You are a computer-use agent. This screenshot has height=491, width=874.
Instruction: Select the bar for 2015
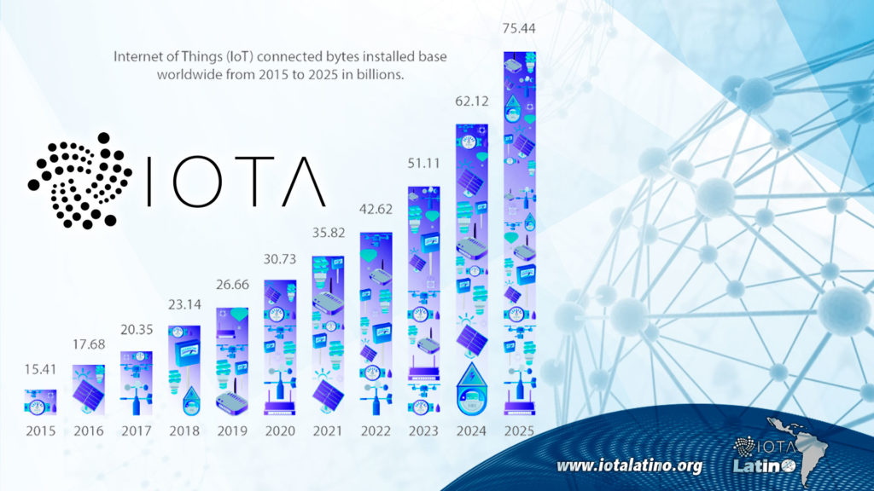[40, 401]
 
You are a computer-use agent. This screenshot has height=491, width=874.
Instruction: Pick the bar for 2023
[423, 299]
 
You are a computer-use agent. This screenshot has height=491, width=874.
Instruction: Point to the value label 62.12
[471, 101]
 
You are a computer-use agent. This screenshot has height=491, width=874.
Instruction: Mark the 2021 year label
[328, 430]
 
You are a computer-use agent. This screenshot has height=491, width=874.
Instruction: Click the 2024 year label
[471, 430]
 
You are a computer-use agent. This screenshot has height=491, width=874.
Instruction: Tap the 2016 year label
[88, 430]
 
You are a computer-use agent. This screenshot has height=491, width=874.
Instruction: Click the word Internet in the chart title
[140, 57]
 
